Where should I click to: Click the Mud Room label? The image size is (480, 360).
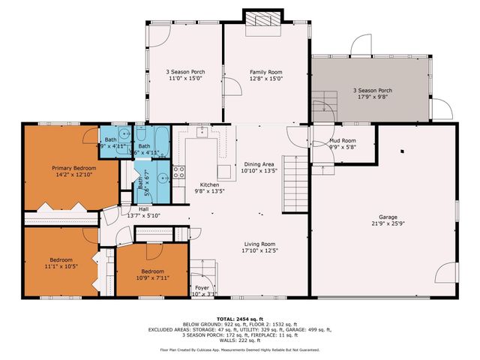point(343,140)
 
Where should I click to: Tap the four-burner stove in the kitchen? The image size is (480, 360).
point(179,175)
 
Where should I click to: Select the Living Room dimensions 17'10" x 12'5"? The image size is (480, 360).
point(259,251)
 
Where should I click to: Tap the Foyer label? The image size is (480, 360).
point(202,287)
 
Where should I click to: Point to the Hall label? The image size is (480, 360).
point(143,209)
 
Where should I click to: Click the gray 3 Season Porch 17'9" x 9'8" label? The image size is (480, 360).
point(373,91)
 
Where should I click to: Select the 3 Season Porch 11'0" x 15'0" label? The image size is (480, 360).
point(185,72)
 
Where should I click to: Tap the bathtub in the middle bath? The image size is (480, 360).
point(160,138)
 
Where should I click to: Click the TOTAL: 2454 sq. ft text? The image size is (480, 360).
point(239,319)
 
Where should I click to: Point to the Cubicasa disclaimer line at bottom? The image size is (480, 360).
point(239,349)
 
